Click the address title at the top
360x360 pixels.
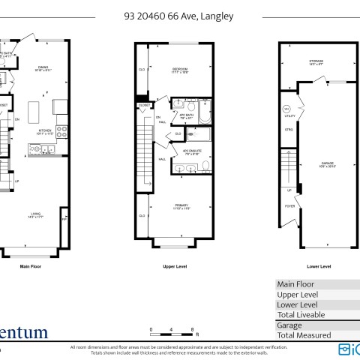179,14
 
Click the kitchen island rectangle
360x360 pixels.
32,113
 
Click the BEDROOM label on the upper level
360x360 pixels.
177,70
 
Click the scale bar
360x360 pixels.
172,331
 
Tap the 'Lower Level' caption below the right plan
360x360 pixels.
319,266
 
